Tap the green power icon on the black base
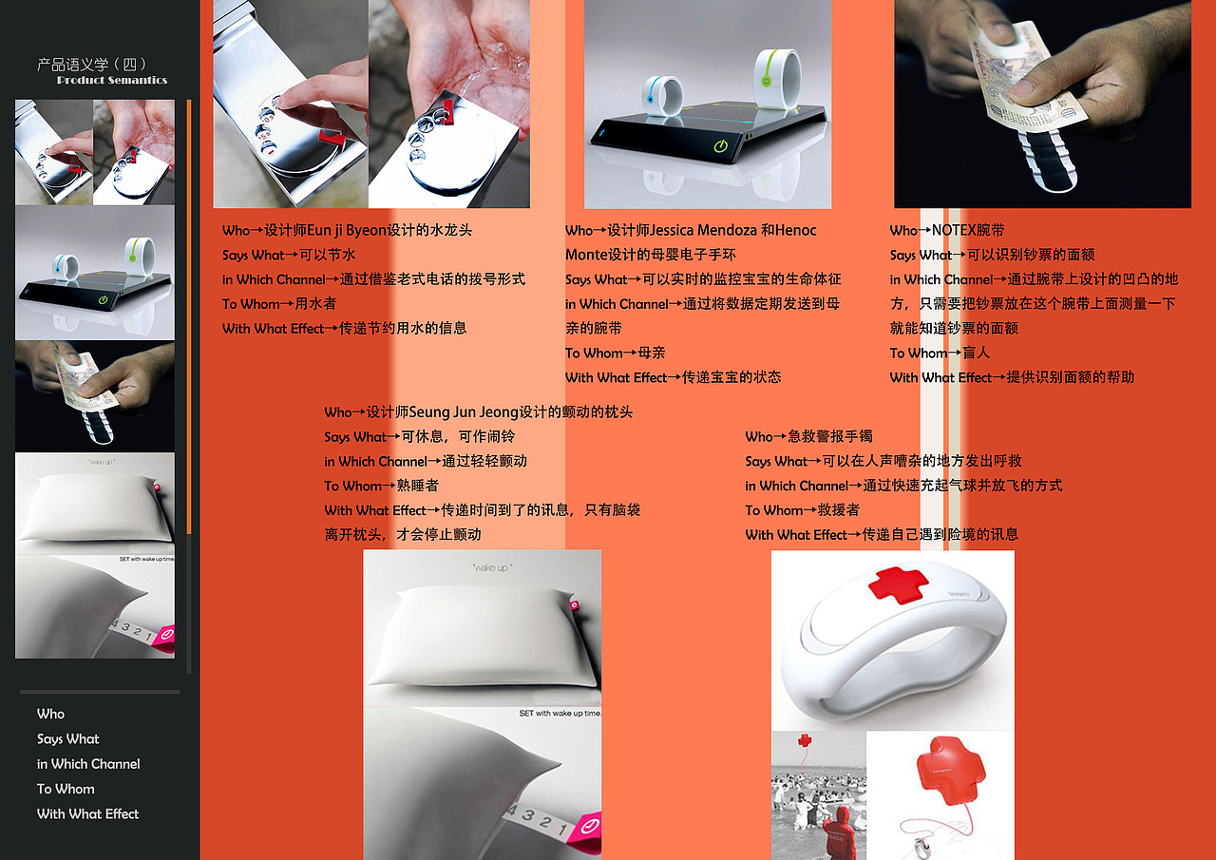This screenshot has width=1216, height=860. (719, 146)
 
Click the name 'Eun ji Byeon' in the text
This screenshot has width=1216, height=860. (347, 230)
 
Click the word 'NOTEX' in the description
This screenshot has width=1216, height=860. (954, 230)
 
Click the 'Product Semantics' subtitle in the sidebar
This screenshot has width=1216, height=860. (112, 81)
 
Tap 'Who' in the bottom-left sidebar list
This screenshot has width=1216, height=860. (51, 714)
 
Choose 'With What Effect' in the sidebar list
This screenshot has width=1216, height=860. (87, 813)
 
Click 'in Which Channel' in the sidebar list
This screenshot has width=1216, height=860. (88, 764)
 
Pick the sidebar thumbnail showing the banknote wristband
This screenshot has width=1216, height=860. (94, 395)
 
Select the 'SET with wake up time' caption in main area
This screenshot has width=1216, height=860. (560, 713)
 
